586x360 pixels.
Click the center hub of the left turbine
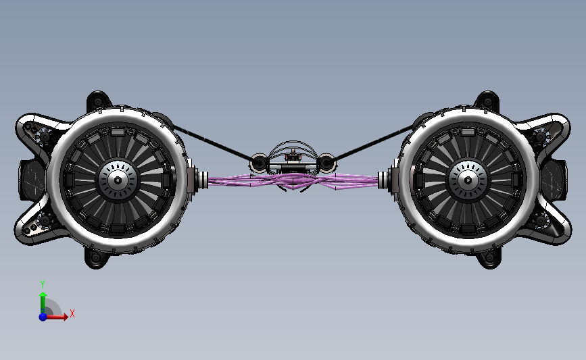click(x=118, y=180)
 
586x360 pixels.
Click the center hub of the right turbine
click(x=467, y=180)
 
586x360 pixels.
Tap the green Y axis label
click(x=42, y=284)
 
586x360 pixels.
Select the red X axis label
click(x=72, y=313)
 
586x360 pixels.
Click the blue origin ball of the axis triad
click(x=43, y=316)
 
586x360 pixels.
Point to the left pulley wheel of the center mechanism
click(x=259, y=163)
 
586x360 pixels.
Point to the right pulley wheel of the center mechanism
click(x=326, y=163)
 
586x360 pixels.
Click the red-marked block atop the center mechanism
click(x=293, y=157)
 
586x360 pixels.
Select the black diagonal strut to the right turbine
click(x=375, y=142)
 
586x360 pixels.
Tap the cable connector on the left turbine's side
click(x=199, y=180)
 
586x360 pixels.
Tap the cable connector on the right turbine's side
click(x=387, y=180)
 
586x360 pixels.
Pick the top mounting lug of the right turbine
click(x=487, y=101)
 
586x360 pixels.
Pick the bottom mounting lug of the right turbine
click(x=489, y=258)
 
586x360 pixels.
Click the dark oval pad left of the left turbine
click(x=30, y=180)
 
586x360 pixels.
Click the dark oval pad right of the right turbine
click(x=555, y=180)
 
